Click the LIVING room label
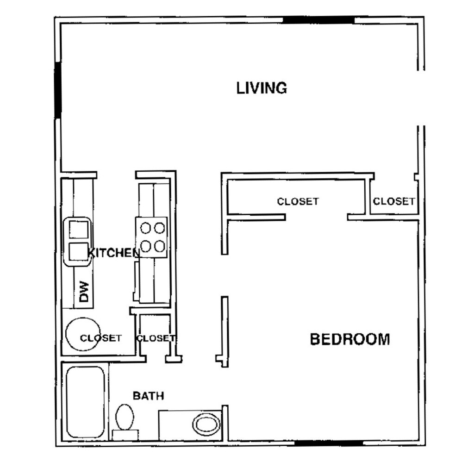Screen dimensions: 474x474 click(262, 87)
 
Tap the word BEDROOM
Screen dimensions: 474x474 click(349, 339)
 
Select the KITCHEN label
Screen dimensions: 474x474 click(114, 253)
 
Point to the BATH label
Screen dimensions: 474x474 click(148, 396)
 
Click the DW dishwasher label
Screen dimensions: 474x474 click(84, 291)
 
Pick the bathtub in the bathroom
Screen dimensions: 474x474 click(85, 401)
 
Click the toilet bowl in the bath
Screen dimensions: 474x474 click(125, 416)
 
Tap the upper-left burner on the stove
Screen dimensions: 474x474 click(145, 228)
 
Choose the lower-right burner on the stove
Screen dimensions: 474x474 click(160, 246)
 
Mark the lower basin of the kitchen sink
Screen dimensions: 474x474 click(79, 252)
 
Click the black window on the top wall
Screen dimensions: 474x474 click(318, 20)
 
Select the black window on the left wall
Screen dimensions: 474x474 click(58, 89)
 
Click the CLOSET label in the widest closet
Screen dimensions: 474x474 click(298, 201)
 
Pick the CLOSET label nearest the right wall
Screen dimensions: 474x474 click(393, 201)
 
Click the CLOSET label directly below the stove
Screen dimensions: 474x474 click(156, 338)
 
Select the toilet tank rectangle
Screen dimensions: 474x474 click(125, 435)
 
